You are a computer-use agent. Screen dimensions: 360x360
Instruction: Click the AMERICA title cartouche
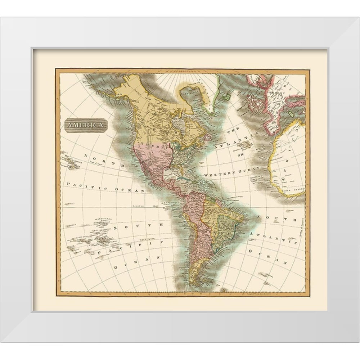(86, 125)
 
